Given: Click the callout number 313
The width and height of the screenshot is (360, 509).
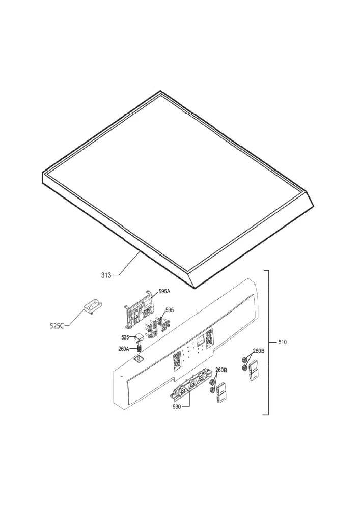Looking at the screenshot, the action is tap(106, 275).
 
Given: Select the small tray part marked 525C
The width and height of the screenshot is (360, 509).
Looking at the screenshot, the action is tap(92, 307).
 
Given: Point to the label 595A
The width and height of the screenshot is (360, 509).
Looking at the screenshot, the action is tap(164, 292).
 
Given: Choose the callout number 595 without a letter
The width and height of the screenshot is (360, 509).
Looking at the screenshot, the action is tap(170, 310).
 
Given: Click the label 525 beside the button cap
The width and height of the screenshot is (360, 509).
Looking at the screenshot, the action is tap(125, 337).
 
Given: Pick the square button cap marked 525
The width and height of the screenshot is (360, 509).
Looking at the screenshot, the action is tap(140, 337).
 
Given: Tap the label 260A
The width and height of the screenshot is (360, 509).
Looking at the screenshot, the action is tap(123, 349).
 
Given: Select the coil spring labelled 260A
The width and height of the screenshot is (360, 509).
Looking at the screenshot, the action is tap(140, 348).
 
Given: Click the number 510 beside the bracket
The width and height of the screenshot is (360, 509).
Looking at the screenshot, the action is tap(283, 342).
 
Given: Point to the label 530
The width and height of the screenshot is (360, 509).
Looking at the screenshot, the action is tap(177, 406).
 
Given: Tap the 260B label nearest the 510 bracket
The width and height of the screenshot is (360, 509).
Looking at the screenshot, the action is tap(258, 351).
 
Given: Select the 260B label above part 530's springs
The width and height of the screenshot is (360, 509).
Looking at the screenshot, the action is tap(221, 370).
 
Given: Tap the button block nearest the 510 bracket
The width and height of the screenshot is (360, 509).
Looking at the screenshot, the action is tap(253, 371).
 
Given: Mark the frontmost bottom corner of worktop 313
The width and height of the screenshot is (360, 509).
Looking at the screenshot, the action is tap(195, 288).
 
